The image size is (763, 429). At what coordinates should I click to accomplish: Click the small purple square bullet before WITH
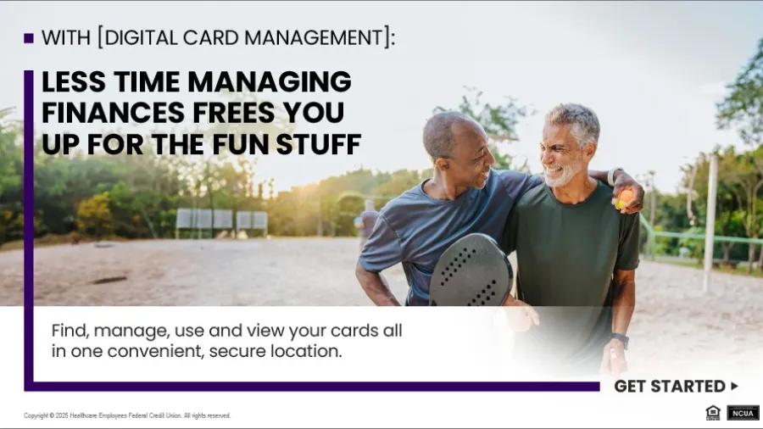(x=29, y=38)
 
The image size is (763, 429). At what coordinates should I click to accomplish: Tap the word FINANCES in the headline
(x=100, y=113)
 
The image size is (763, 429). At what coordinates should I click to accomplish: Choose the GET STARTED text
(x=669, y=387)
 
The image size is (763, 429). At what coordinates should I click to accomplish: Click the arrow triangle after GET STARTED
(x=734, y=386)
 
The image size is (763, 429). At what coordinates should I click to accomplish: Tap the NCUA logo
(x=743, y=413)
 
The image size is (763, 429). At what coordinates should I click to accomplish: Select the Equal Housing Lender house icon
(x=713, y=413)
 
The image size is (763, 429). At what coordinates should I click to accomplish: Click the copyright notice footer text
(x=127, y=415)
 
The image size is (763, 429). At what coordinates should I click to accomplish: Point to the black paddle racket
(x=471, y=270)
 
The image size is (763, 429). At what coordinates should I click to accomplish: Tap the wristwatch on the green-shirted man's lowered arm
(x=621, y=340)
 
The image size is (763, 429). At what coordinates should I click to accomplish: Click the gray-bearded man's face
(x=565, y=153)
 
